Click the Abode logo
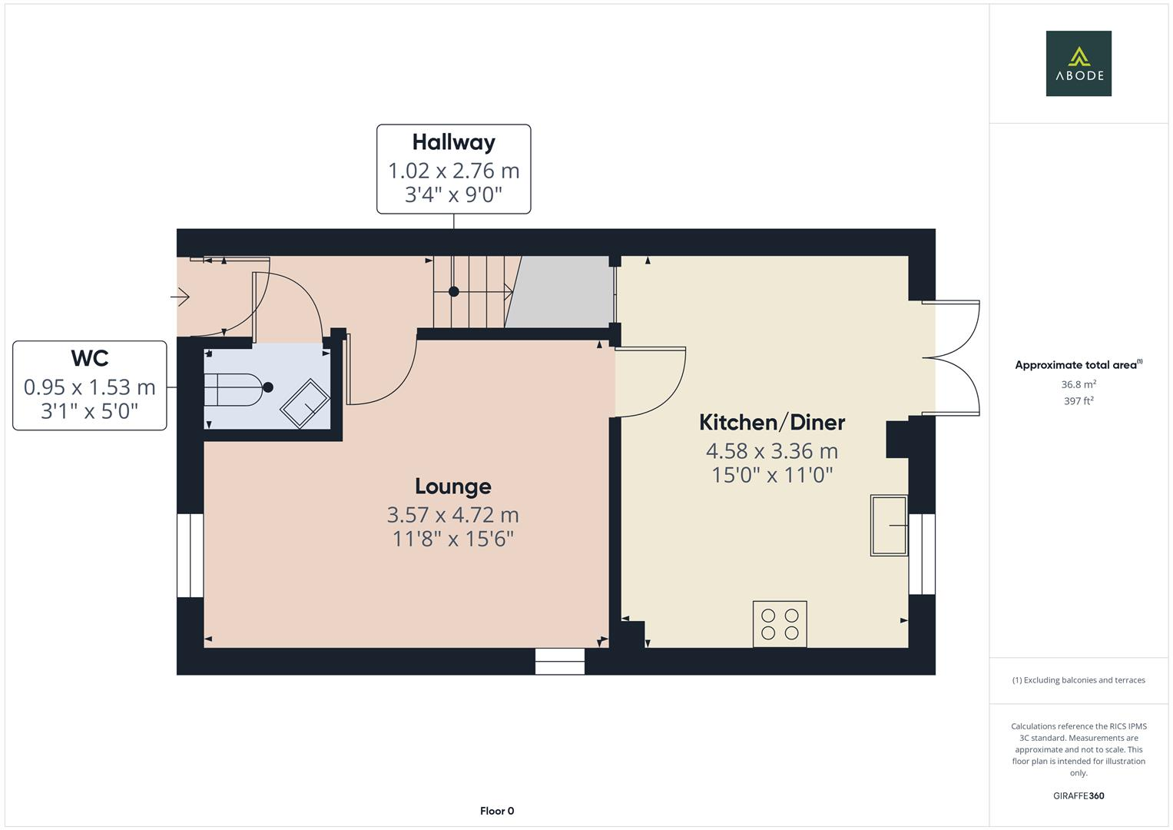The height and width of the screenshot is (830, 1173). (x=1078, y=64)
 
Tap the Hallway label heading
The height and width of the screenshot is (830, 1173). (x=453, y=142)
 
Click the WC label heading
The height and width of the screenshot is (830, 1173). (x=90, y=358)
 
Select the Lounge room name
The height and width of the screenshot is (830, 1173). (x=452, y=486)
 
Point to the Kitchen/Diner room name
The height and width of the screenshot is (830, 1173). (x=771, y=422)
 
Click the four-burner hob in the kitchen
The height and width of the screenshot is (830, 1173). (x=780, y=624)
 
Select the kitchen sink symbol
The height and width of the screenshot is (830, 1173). (x=889, y=525)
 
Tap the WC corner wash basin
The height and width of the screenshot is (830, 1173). (x=305, y=403)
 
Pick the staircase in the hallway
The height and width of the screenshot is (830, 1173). (x=471, y=292)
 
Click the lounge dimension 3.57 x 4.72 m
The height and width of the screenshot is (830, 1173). (x=452, y=514)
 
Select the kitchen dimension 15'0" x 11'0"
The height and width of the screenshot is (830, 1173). (x=771, y=475)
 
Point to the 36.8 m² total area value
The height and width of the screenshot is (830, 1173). (x=1078, y=384)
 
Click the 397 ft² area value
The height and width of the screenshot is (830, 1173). (x=1078, y=401)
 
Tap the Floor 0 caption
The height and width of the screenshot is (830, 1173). (x=496, y=811)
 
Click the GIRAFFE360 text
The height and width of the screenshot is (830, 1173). (x=1078, y=796)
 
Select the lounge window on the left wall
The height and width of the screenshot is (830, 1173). (x=190, y=556)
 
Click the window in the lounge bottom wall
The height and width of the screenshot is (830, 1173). (x=559, y=662)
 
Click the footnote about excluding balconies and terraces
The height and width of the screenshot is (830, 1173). (x=1078, y=680)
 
